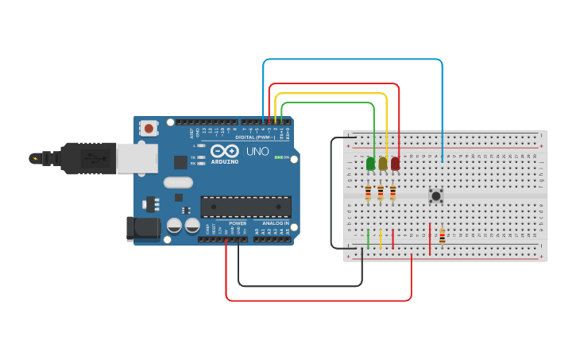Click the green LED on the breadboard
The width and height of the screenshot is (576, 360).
pos(370,163)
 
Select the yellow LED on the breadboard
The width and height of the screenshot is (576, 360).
pos(383,163)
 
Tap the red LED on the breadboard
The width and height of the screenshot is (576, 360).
pos(395,163)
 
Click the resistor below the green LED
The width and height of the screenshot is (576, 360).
pos(368,192)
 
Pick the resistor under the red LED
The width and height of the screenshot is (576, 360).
pos(392,192)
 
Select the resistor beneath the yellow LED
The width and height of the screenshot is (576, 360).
pos(381,192)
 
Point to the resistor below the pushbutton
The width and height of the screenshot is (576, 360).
pos(442,236)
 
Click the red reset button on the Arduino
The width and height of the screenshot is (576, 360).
pos(149,127)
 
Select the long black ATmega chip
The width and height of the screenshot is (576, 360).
pos(245,207)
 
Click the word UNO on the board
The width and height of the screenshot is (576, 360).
pos(257,151)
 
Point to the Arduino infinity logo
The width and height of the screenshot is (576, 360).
pos(225,150)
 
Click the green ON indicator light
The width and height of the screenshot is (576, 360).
pos(277,157)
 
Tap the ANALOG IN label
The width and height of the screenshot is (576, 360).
pos(276,223)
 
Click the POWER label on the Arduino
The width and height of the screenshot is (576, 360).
pos(238,223)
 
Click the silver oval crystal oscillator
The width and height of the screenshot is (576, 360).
pos(179,182)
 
